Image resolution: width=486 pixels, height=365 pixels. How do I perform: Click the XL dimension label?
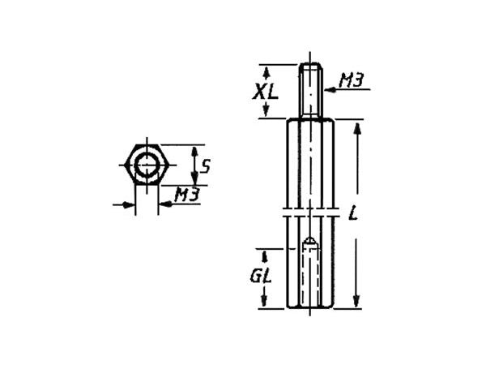coord(264,91)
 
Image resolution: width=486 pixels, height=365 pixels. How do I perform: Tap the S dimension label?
coord(206,167)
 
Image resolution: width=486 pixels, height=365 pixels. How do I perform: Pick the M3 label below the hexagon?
coord(187,195)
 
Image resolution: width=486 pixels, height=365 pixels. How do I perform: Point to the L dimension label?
coord(352,214)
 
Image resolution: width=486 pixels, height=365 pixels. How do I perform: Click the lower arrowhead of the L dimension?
coord(358,303)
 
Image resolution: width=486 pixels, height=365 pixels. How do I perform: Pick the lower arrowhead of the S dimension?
coord(192,180)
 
